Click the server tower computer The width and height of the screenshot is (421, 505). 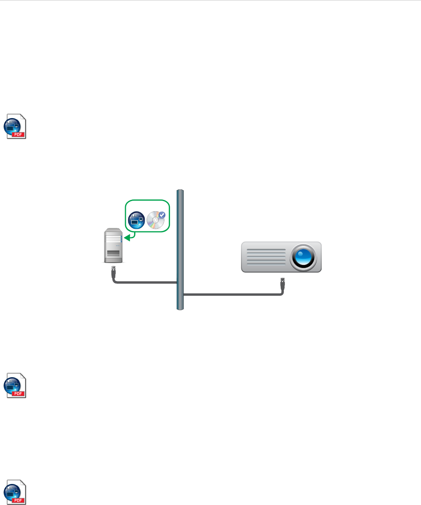pos(113,246)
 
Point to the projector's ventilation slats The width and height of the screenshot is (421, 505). pos(266,257)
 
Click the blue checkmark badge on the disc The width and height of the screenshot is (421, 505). pos(162,215)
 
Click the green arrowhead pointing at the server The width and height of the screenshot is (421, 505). pos(127,237)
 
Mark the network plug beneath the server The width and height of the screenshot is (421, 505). pos(113,269)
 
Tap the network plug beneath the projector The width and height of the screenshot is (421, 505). pos(283,281)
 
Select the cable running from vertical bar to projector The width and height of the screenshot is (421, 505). pos(234,295)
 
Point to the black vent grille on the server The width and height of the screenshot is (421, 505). pos(113,253)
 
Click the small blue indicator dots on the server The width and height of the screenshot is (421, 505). pos(118,246)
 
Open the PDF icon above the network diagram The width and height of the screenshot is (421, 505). pos(15,126)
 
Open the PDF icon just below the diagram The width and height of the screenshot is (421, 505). pos(15,385)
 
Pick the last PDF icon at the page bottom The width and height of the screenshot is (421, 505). pos(15,493)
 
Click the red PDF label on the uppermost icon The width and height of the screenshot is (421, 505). pos(18,134)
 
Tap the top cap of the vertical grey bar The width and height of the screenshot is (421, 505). pos(180,191)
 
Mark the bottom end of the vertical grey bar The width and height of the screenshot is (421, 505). pos(180,308)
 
